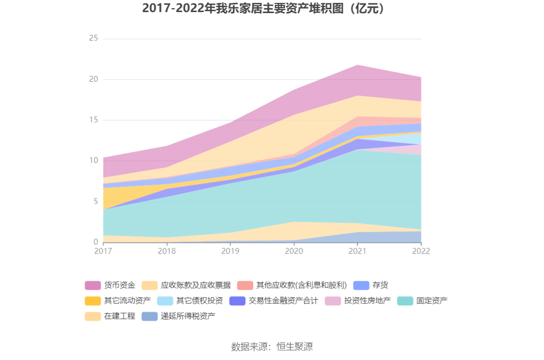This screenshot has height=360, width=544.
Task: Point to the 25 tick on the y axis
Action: click(93, 39)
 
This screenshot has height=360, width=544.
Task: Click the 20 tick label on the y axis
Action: click(93, 79)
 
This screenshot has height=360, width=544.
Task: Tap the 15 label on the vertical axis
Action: click(93, 120)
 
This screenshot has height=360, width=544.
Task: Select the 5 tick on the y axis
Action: click(95, 202)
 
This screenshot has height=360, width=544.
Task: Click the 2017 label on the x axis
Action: click(103, 251)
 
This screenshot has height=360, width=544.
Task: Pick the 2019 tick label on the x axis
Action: click(230, 251)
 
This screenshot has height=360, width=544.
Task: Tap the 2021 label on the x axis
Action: click(357, 251)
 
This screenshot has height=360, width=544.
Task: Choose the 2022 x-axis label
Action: click(421, 251)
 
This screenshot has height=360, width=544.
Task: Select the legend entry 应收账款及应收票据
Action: click(195, 285)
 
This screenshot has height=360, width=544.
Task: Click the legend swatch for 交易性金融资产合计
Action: click(237, 301)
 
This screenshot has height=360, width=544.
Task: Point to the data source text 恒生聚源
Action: click(294, 346)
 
